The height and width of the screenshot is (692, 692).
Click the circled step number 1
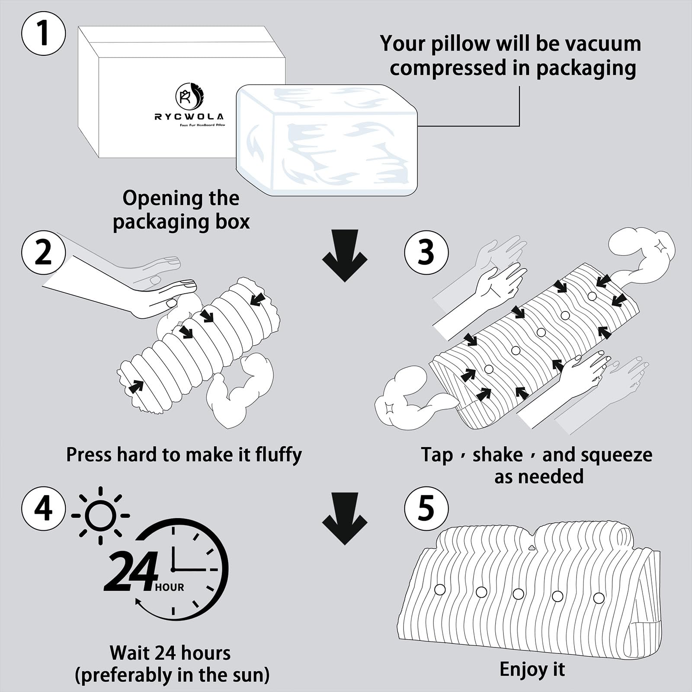click(x=43, y=33)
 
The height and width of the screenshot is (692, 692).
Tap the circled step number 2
click(x=43, y=252)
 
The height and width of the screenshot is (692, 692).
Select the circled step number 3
click(x=426, y=252)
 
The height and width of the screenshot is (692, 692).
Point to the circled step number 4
click(x=43, y=508)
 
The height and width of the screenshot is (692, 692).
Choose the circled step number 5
click(x=426, y=508)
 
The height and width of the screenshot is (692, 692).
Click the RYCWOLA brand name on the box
click(x=189, y=117)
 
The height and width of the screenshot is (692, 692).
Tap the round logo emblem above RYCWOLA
click(x=189, y=96)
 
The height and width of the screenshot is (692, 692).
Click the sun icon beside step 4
click(x=100, y=516)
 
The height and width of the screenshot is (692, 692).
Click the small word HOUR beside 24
click(x=170, y=587)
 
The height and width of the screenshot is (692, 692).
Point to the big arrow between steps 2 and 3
click(x=345, y=255)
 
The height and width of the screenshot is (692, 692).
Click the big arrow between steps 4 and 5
click(x=345, y=518)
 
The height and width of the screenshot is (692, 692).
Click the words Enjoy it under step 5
click(x=532, y=669)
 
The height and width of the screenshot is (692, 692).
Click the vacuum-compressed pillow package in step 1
click(x=327, y=141)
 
